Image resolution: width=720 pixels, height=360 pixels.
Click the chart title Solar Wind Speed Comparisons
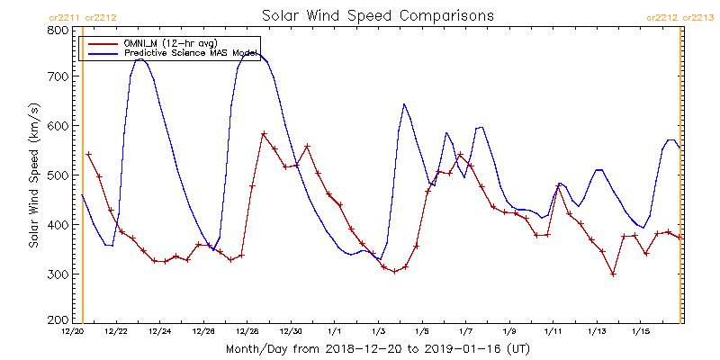pyautogui.click(x=377, y=16)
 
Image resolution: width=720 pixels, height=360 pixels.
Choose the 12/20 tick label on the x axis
pyautogui.click(x=73, y=332)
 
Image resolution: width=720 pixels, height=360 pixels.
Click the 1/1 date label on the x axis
pyautogui.click(x=335, y=332)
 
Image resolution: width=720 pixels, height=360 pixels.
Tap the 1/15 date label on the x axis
pyautogui.click(x=640, y=332)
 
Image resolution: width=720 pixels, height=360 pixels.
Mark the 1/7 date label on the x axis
pyautogui.click(x=465, y=332)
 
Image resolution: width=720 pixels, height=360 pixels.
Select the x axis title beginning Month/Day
pyautogui.click(x=377, y=348)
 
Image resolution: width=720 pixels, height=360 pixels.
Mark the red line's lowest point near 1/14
pyautogui.click(x=613, y=274)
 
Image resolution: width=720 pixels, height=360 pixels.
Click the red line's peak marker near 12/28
pyautogui.click(x=264, y=134)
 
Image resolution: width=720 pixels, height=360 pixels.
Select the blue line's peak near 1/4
pyautogui.click(x=403, y=104)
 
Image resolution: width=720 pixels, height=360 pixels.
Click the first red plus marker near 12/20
pyautogui.click(x=88, y=154)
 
